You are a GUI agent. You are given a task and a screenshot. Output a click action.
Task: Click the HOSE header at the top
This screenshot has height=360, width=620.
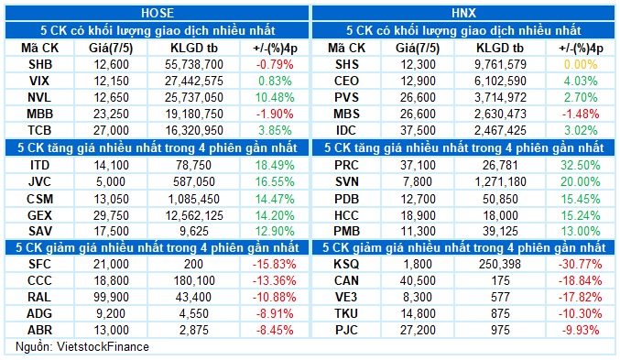coord(158,13)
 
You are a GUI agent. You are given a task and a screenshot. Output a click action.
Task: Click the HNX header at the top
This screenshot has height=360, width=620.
coord(463,13)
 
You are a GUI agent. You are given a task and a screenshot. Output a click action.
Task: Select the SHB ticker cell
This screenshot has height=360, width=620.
coord(40,64)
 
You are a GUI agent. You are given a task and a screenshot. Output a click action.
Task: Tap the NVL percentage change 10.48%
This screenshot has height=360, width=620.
coord(275,97)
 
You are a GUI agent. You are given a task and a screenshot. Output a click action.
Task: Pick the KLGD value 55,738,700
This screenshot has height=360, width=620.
coord(194,64)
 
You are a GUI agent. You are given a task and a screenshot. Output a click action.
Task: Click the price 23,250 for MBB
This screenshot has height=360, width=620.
coord(111,114)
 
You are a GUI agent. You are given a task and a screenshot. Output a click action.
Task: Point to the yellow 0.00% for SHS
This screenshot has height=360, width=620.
coord(581,64)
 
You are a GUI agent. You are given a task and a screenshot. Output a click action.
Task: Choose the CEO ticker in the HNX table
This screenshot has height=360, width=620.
coord(346,82)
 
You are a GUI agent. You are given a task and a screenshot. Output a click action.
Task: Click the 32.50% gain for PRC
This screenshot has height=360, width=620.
coord(581,165)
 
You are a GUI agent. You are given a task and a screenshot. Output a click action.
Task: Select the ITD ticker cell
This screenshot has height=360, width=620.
coord(39,165)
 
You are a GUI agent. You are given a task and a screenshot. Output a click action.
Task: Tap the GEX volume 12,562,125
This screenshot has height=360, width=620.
coord(194,215)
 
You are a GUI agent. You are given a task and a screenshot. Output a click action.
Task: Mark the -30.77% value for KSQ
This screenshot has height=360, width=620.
coord(581,264)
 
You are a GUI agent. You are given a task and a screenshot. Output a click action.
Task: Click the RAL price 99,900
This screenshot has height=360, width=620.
coord(111,297)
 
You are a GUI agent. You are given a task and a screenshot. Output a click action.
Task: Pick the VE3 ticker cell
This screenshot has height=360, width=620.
coord(346,297)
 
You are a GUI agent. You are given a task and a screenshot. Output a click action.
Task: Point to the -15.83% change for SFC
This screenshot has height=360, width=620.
coord(275,264)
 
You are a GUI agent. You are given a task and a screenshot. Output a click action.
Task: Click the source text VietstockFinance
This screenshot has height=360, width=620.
coord(103,347)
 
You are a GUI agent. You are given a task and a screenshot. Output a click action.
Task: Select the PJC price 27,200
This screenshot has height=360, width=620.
coord(418,330)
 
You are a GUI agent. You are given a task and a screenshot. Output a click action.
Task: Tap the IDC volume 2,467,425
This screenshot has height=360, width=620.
coord(500,131)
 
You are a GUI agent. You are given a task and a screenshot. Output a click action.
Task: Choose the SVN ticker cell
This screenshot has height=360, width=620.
coord(346,182)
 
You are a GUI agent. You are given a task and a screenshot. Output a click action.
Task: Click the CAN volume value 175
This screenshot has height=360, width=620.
coord(500,280)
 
